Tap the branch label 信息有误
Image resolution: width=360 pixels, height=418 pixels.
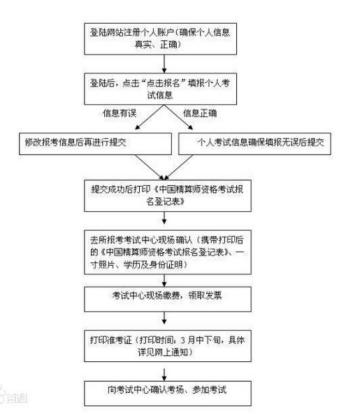point(121,114)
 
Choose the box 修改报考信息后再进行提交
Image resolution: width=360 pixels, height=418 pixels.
point(94,143)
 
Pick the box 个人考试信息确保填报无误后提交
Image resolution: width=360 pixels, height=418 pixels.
point(254,143)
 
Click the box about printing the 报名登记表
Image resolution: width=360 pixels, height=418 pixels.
point(164,194)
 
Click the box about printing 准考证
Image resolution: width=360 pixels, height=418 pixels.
point(164,344)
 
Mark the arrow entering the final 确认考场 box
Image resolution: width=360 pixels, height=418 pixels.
point(164,370)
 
